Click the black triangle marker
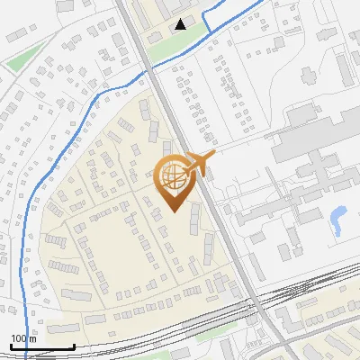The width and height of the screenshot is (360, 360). [182, 24]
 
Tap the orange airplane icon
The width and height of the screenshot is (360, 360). [200, 163]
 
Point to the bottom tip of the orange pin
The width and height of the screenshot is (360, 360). [172, 211]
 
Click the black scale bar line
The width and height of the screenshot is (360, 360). [42, 346]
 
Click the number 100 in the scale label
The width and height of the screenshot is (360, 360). [18, 338]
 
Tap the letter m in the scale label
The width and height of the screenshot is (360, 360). [32, 338]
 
